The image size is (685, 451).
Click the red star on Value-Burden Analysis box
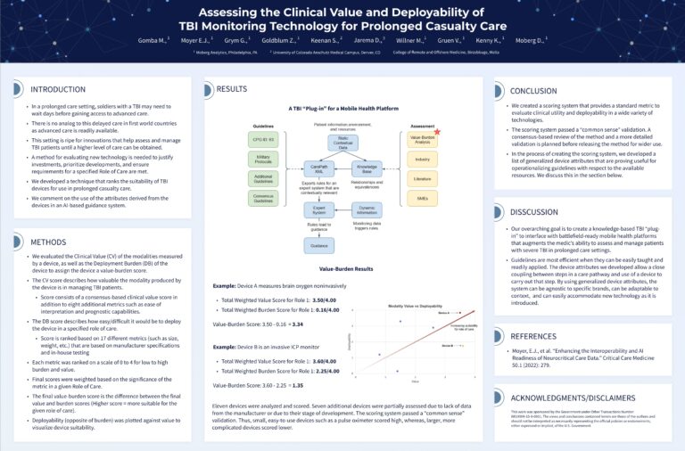(x=437, y=132)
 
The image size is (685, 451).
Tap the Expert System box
(x=318, y=211)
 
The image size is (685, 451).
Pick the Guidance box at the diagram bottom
(x=318, y=245)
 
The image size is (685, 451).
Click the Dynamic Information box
(x=367, y=211)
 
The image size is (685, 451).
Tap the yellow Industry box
(x=422, y=160)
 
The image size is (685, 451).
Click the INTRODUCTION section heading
(x=58, y=90)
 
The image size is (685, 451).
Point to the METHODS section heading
(x=48, y=242)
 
